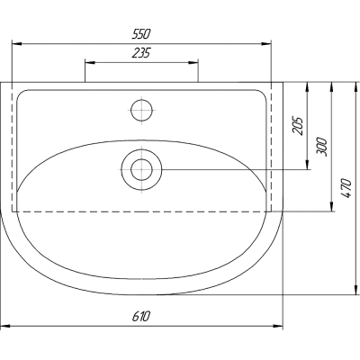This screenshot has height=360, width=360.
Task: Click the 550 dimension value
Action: (140, 34)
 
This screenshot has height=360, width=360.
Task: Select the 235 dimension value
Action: (141, 53)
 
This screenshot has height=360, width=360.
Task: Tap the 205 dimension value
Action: (298, 126)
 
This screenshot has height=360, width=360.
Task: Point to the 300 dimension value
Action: (321, 147)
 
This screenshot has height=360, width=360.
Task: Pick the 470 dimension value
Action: (346, 188)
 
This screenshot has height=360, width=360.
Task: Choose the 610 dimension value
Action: (140, 316)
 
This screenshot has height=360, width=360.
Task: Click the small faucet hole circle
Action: (142, 110)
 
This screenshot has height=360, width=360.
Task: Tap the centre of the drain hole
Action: (141, 170)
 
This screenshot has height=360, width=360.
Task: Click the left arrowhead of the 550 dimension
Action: (16, 44)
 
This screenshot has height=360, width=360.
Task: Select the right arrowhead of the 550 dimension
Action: (266, 44)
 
